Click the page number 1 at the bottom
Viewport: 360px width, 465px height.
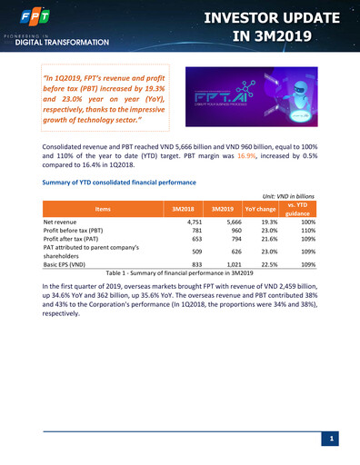[x=333, y=440]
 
